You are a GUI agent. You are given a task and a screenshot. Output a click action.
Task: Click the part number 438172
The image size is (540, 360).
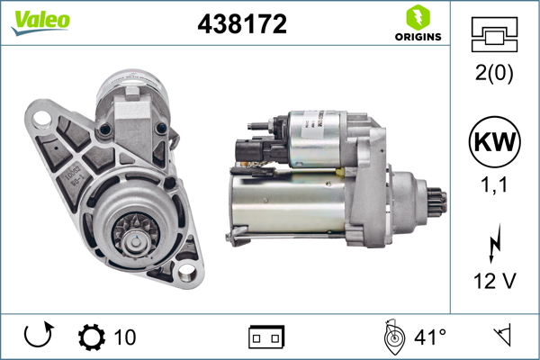pyautogui.click(x=242, y=24)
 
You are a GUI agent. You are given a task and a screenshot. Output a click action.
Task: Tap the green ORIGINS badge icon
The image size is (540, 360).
pyautogui.click(x=418, y=16)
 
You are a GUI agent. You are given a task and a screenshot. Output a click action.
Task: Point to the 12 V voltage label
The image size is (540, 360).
pyautogui.click(x=494, y=281)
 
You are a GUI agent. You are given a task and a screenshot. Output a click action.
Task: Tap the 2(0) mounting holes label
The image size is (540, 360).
pyautogui.click(x=494, y=75)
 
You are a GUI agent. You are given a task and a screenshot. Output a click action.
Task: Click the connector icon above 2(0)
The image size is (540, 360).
pyautogui.click(x=494, y=35)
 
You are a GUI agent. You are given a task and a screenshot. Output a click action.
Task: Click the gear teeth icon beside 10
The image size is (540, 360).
pyautogui.click(x=92, y=337)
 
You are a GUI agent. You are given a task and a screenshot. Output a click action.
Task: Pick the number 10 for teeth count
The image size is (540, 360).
pyautogui.click(x=125, y=337)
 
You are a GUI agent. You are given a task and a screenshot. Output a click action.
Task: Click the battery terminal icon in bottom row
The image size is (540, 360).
pyautogui.click(x=266, y=337)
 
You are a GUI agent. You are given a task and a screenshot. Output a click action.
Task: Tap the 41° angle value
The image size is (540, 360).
pyautogui.click(x=429, y=337)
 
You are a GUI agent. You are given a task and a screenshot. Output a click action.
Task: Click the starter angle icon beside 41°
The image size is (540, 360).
pyautogui.click(x=392, y=337)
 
